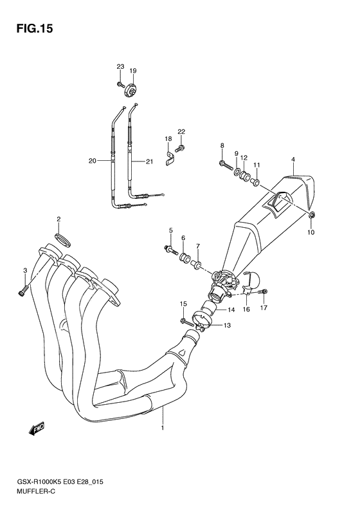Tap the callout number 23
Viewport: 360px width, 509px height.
[x=120, y=68]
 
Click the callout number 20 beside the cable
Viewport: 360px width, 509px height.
[x=92, y=161]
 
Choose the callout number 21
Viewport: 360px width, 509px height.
[x=149, y=161]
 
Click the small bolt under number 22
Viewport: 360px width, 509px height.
[x=181, y=149]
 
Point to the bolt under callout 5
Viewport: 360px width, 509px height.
[x=170, y=248]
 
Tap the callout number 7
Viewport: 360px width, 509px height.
[x=198, y=246]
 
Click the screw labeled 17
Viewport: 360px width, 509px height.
[x=263, y=293]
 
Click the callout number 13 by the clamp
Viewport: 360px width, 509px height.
[x=226, y=326]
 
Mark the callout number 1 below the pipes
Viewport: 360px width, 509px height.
[x=163, y=428]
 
